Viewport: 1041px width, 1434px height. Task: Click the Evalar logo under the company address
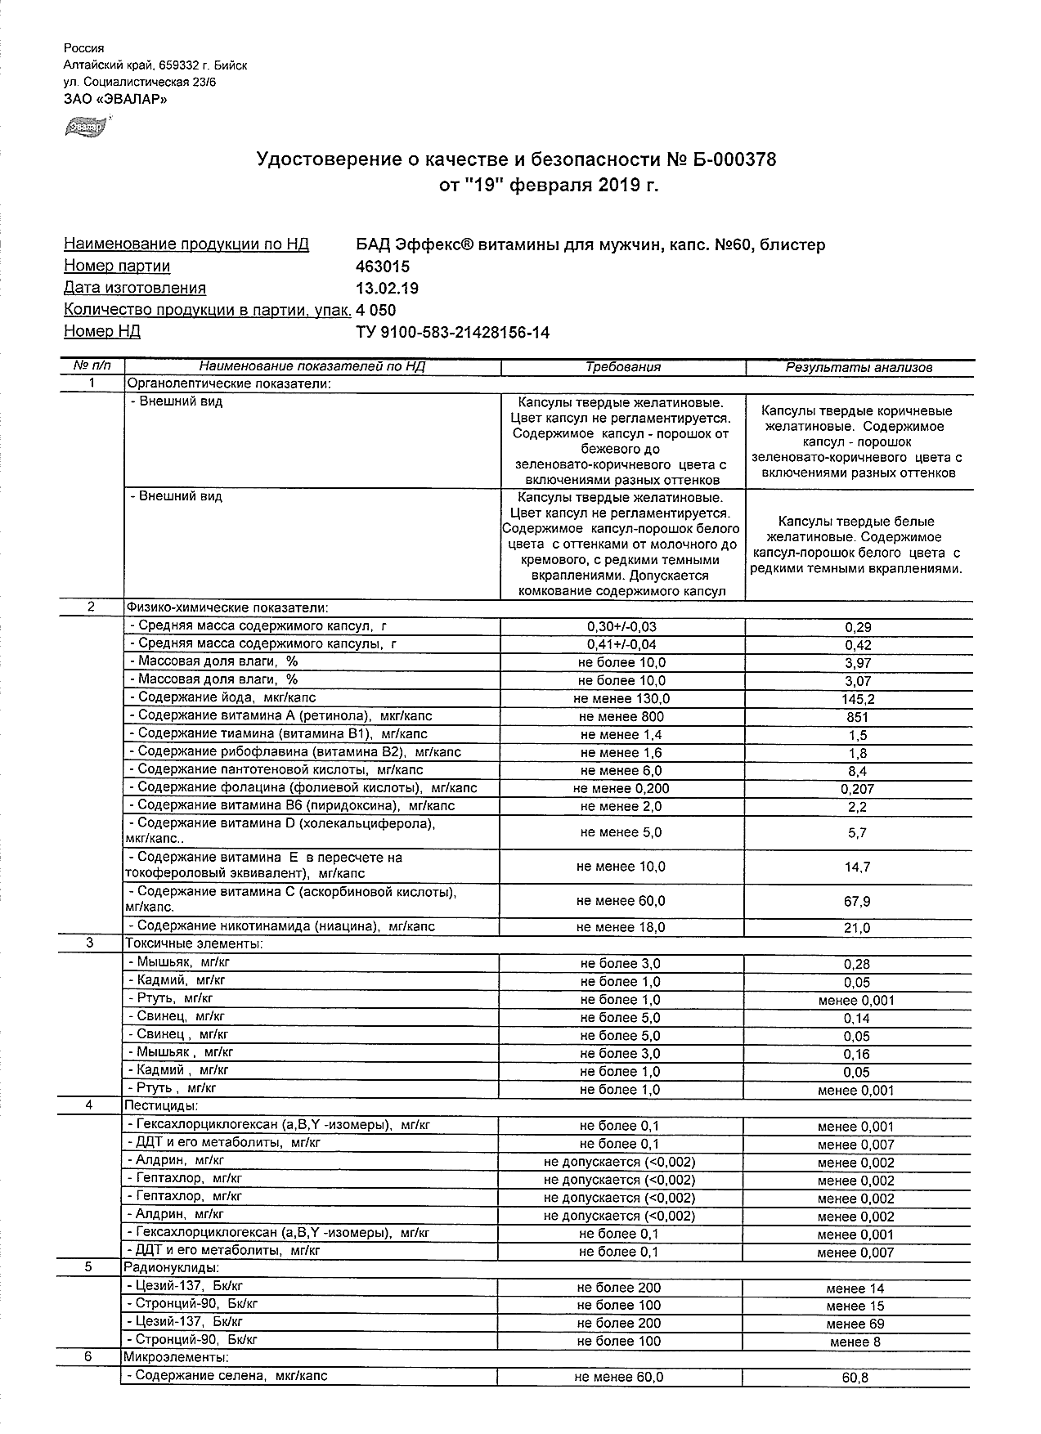click(x=85, y=127)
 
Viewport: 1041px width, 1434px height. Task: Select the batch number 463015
click(x=383, y=267)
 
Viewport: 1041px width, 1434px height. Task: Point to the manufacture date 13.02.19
click(x=388, y=288)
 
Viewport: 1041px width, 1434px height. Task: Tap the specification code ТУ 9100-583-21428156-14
click(x=453, y=332)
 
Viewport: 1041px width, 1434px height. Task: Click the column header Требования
click(x=622, y=367)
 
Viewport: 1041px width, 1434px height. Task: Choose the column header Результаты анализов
click(x=859, y=367)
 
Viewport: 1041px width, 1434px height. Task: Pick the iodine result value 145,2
click(x=858, y=699)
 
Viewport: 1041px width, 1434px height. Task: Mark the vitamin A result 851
click(x=858, y=717)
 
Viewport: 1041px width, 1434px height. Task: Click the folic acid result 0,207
click(x=858, y=789)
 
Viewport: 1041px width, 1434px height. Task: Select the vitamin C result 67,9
click(x=858, y=902)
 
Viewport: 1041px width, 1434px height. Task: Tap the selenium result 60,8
click(x=855, y=1378)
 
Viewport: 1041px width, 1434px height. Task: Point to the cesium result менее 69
click(x=855, y=1324)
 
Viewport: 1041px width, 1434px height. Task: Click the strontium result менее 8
click(x=855, y=1342)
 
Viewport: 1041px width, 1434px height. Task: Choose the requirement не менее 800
click(x=621, y=717)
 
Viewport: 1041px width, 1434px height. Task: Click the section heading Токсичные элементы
click(x=193, y=944)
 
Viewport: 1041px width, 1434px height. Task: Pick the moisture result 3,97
click(x=858, y=663)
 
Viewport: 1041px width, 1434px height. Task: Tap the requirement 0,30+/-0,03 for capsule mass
click(x=621, y=627)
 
